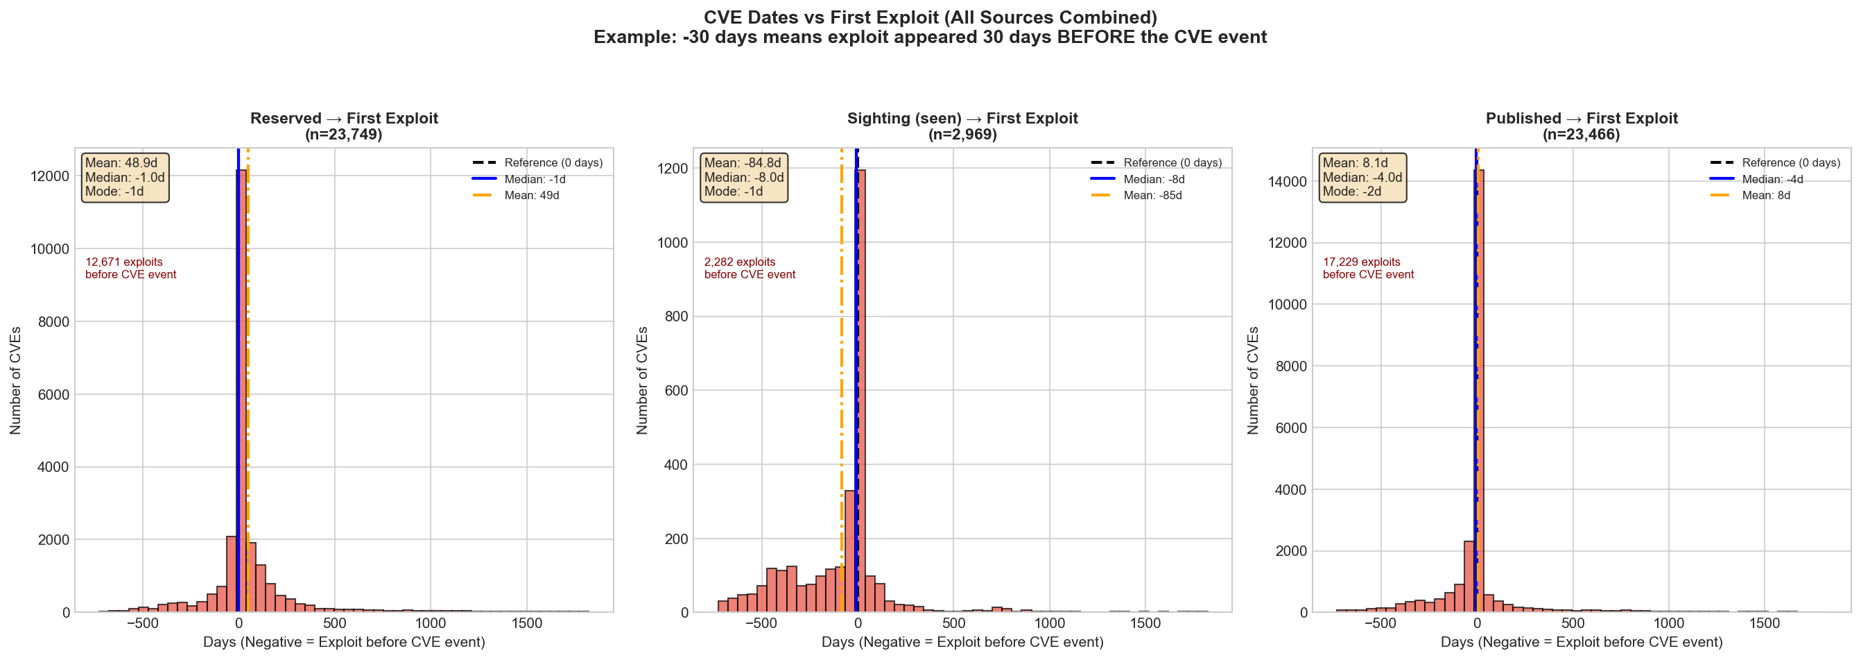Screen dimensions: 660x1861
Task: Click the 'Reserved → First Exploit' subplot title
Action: pos(344,119)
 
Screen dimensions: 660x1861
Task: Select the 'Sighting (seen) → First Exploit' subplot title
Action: pos(962,119)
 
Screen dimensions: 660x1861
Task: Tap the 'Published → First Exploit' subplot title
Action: pos(1582,119)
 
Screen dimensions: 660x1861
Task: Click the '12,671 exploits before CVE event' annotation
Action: pos(131,268)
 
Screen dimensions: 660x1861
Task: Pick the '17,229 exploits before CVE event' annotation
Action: pos(1367,268)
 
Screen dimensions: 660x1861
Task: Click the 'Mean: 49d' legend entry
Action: pos(531,195)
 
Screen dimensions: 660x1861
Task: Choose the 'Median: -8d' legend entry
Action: pos(1154,179)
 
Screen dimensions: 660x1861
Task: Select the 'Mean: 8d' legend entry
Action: pos(1765,195)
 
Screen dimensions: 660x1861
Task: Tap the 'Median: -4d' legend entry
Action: pos(1772,179)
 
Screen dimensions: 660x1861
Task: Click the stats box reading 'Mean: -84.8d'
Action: pos(743,177)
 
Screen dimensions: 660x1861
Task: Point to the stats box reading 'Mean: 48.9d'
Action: pos(125,177)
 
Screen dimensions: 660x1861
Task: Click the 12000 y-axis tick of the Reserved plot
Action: pos(50,176)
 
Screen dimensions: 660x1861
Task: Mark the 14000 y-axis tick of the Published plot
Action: pos(1287,181)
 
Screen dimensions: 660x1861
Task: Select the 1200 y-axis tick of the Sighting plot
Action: pos(673,169)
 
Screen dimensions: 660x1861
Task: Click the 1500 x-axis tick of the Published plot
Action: pos(1764,624)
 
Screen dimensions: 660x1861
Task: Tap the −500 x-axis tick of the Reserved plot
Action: pos(142,624)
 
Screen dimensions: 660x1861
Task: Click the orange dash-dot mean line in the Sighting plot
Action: pos(842,362)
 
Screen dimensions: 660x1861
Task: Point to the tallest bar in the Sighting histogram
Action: pos(861,390)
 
